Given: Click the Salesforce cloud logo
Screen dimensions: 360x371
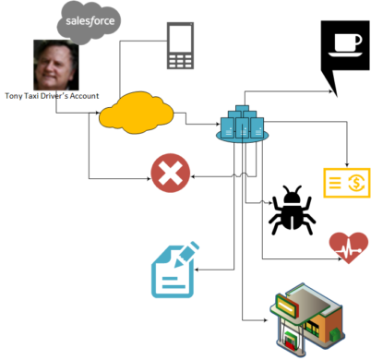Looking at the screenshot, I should coord(89,21).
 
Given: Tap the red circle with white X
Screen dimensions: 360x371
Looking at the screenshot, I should coord(170,173).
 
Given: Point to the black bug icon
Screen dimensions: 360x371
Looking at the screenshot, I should coord(293,210).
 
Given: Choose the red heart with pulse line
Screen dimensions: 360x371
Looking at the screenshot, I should coord(348,246).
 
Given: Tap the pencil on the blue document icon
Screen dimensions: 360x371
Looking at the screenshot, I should coord(186,253).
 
